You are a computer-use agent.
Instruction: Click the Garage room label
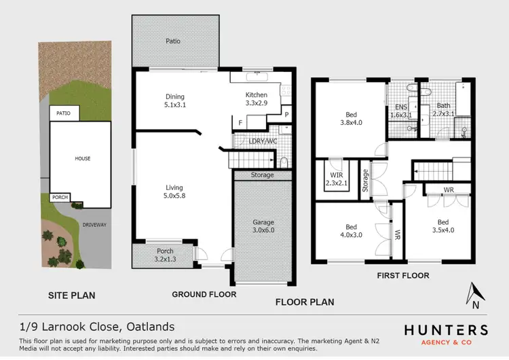tap(263, 226)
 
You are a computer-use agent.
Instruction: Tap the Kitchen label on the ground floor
tap(257, 99)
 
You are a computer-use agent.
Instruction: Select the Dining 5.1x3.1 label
tap(175, 101)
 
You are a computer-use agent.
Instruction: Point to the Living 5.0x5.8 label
tap(174, 192)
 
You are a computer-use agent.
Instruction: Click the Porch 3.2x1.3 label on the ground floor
tap(165, 255)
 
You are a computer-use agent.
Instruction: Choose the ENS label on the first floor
tap(401, 111)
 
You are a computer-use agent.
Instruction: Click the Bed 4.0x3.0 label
tap(351, 232)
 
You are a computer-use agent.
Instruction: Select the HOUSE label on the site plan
tap(82, 158)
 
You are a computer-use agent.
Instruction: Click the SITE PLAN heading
tap(71, 295)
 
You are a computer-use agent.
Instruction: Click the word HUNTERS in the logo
tap(445, 330)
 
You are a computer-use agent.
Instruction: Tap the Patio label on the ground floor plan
tap(174, 41)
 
